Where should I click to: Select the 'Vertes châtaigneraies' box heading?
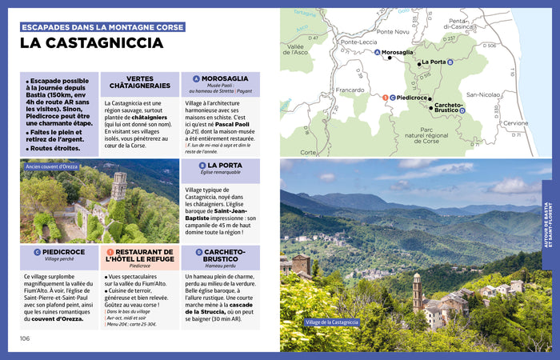click(140, 83)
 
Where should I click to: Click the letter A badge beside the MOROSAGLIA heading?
click(196, 79)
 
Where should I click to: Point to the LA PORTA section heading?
click(226, 166)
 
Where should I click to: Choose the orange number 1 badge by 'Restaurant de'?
click(110, 252)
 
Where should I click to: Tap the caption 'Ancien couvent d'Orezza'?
click(51, 167)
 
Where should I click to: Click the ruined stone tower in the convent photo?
click(119, 186)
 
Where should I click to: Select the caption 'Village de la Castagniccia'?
click(332, 322)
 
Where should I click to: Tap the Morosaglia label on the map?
click(398, 53)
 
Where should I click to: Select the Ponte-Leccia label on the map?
click(358, 42)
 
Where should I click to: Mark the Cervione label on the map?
click(515, 122)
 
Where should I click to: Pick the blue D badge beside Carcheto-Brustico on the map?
click(473, 110)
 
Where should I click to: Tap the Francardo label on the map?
click(350, 90)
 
